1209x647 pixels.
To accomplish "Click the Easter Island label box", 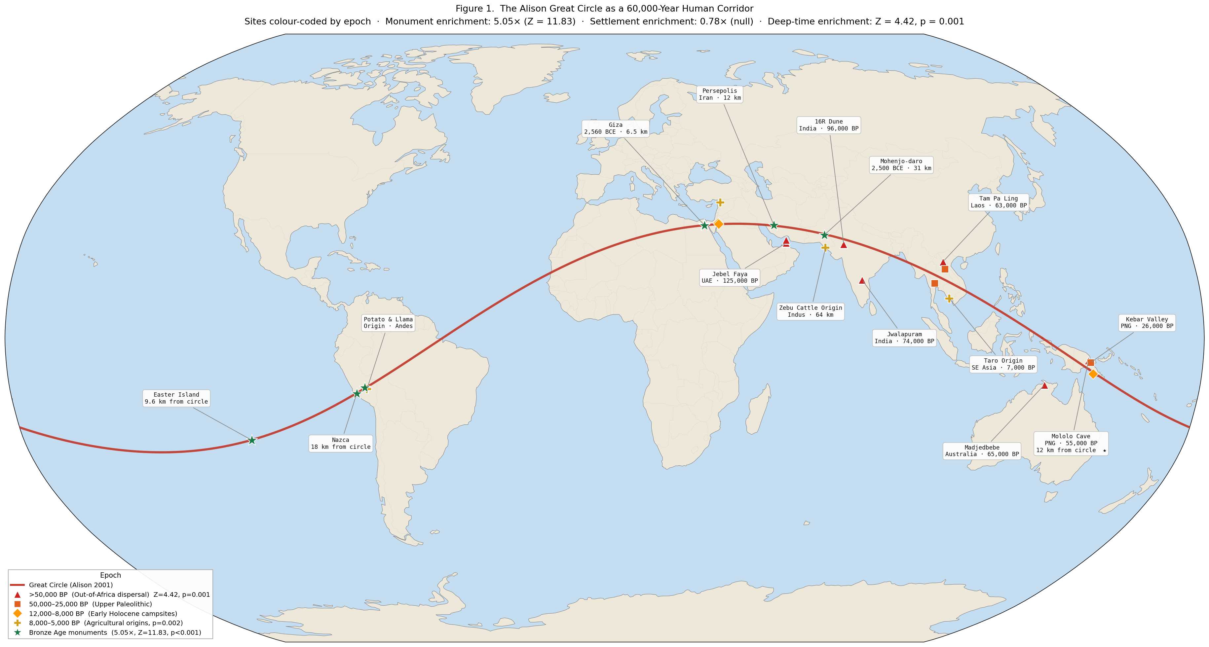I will (x=176, y=398).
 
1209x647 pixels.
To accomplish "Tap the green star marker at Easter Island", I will (x=252, y=440).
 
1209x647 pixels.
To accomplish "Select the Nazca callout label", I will (x=341, y=443).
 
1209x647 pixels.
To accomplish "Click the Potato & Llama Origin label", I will (x=388, y=323).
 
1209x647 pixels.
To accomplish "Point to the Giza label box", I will (x=615, y=128).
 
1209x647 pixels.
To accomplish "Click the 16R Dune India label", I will (x=829, y=125).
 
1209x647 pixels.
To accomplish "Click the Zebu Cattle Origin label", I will (x=811, y=311).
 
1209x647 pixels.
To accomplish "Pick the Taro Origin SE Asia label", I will (x=1003, y=364).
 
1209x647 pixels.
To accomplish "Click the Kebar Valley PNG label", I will (x=1147, y=323).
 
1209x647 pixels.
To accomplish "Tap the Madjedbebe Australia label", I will (x=982, y=451).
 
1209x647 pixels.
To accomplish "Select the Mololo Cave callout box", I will (x=1071, y=443).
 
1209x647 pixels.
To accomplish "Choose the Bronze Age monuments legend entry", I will (x=115, y=632).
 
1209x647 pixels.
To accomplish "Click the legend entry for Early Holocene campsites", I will (x=103, y=614).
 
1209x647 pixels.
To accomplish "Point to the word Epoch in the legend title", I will (x=110, y=575).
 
